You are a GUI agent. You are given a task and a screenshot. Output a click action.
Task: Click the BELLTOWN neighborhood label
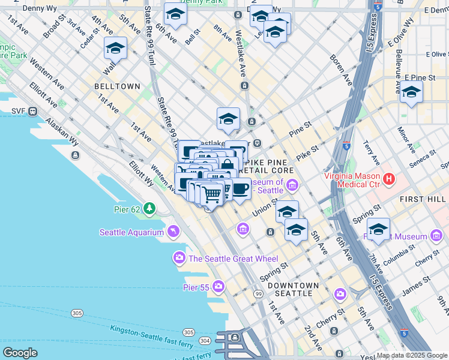(117, 86)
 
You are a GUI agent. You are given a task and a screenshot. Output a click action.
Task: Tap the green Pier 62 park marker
(148, 209)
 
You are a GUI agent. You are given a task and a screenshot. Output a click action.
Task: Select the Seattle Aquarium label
(131, 232)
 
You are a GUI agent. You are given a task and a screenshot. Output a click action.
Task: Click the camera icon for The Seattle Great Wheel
(179, 259)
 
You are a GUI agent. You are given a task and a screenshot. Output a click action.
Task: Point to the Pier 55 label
(196, 287)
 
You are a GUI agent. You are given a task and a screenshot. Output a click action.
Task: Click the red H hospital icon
(388, 179)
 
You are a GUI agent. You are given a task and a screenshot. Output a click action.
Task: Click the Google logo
(20, 353)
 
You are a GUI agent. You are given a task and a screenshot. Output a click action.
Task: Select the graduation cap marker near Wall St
(115, 48)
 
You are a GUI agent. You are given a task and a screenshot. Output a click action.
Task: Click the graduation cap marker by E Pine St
(411, 92)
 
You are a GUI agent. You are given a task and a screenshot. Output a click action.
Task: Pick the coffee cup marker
(240, 188)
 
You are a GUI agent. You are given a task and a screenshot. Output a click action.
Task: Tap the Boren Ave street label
(339, 69)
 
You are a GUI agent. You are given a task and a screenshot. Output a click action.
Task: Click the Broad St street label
(55, 28)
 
